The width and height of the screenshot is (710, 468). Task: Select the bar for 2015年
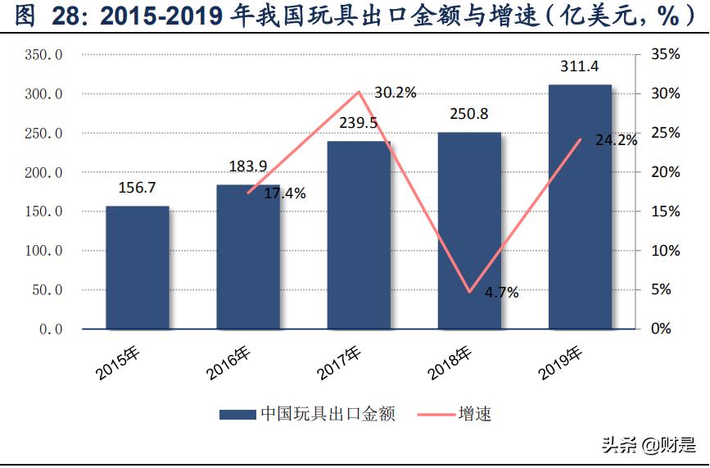tap(137, 267)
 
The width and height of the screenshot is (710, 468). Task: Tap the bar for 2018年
tap(469, 230)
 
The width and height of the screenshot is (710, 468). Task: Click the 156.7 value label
tap(137, 188)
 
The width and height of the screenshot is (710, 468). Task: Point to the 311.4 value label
tap(580, 66)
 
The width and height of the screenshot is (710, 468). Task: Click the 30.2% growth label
tap(395, 93)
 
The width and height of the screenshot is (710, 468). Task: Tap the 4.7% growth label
tap(501, 293)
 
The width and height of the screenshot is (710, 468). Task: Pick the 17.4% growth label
tap(285, 194)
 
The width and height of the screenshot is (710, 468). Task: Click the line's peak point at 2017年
tap(359, 92)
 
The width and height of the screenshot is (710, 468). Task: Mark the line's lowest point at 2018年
tap(469, 292)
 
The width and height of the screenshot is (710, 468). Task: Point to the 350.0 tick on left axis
tap(44, 55)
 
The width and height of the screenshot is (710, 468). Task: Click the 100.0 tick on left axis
tap(44, 251)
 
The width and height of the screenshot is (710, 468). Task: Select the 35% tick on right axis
tap(666, 55)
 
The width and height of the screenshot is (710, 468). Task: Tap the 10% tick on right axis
tap(666, 251)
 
